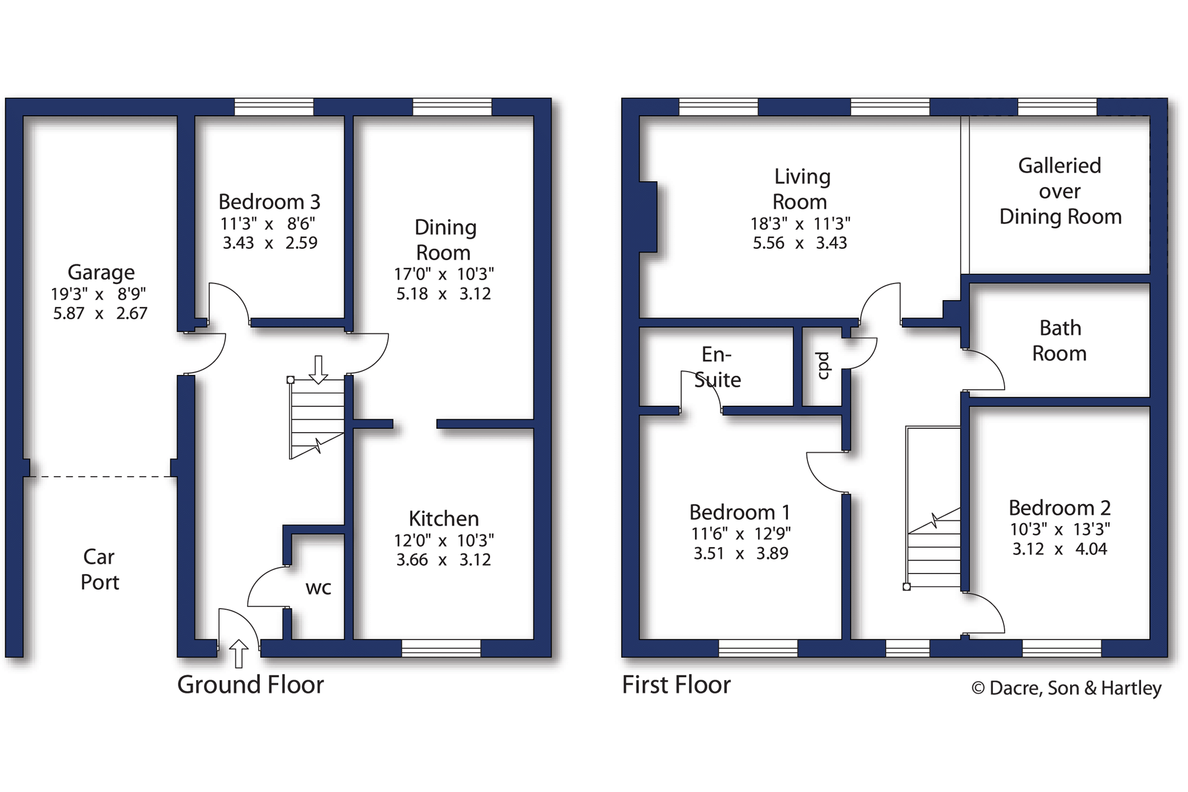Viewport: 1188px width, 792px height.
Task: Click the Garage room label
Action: [101, 272]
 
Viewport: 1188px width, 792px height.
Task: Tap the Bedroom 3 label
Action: [269, 202]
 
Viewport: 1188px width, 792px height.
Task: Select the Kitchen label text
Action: [444, 519]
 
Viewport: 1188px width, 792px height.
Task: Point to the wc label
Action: [319, 588]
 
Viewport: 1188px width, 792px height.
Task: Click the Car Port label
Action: [100, 570]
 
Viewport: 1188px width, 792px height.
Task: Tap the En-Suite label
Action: [717, 367]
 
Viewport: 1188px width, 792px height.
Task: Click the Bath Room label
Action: [1059, 340]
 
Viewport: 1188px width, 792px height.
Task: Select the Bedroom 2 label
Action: [1059, 508]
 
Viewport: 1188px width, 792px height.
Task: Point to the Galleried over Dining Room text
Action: [1060, 191]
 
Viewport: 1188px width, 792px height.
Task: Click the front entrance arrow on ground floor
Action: [239, 653]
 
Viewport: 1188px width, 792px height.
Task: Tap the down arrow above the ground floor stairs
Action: [319, 369]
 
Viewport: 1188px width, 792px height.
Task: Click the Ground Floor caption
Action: [250, 685]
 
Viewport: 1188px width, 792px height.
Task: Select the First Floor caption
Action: [676, 685]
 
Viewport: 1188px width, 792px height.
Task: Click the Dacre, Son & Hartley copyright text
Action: [1067, 688]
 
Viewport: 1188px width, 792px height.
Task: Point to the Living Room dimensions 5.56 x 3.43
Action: [800, 243]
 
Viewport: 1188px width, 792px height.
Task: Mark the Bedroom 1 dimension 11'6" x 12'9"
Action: [741, 534]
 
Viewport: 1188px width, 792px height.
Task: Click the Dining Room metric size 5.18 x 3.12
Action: [444, 293]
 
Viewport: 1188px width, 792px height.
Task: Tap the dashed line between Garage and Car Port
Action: [100, 477]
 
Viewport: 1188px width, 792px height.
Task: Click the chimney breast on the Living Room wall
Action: [648, 217]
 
